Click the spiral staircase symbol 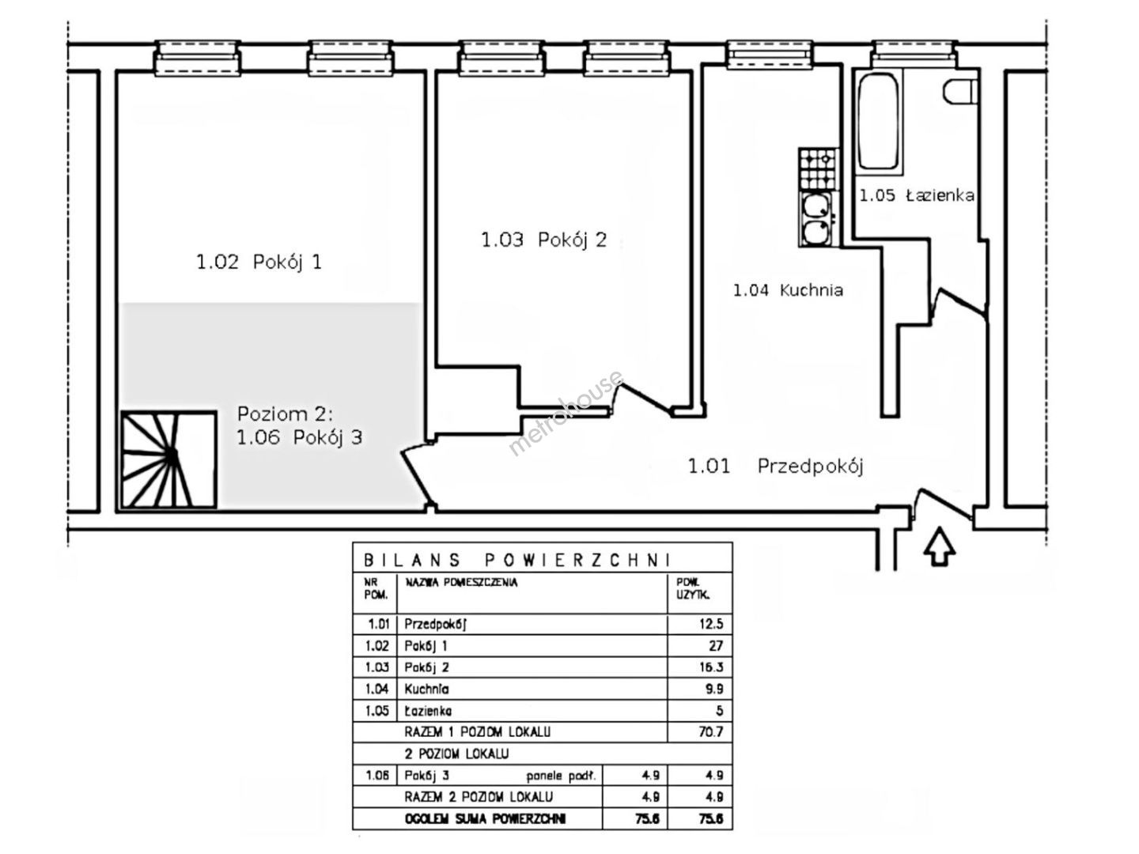tap(168, 459)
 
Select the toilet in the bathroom tap(960, 91)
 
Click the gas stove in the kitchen tap(819, 169)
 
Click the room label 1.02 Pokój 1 tap(259, 263)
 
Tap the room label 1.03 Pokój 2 tap(544, 240)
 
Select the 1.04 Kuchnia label tap(788, 290)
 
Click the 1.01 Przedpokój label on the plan tap(775, 467)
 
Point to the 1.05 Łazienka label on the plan tap(917, 195)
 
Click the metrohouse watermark tap(566, 413)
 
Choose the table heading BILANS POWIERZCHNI tap(517, 560)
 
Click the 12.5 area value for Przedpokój tap(711, 623)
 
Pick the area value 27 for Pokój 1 tap(716, 645)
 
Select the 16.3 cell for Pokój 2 tap(711, 667)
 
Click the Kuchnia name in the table tap(426, 689)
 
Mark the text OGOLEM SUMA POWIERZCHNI tap(485, 819)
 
